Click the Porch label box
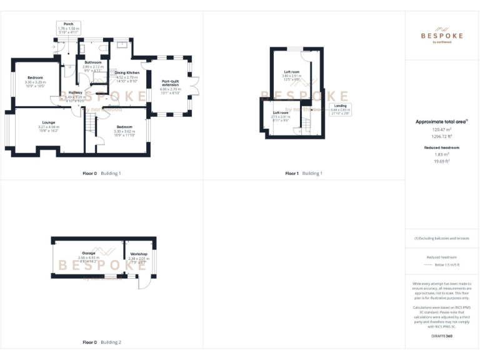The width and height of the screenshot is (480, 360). point(69,28)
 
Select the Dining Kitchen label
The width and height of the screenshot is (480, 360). point(126,73)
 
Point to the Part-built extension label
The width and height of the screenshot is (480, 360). point(170,83)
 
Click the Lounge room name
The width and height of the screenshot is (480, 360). point(48,122)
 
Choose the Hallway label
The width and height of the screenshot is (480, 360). point(75,92)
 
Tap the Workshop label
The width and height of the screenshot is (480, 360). point(139,254)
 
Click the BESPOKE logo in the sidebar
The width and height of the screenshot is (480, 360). point(441,34)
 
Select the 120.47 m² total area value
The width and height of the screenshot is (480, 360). point(441,129)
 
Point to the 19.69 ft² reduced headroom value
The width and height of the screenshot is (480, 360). point(441,161)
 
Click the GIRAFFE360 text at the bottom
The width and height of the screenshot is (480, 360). point(441,336)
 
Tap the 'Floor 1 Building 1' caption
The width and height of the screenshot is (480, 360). point(304,173)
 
